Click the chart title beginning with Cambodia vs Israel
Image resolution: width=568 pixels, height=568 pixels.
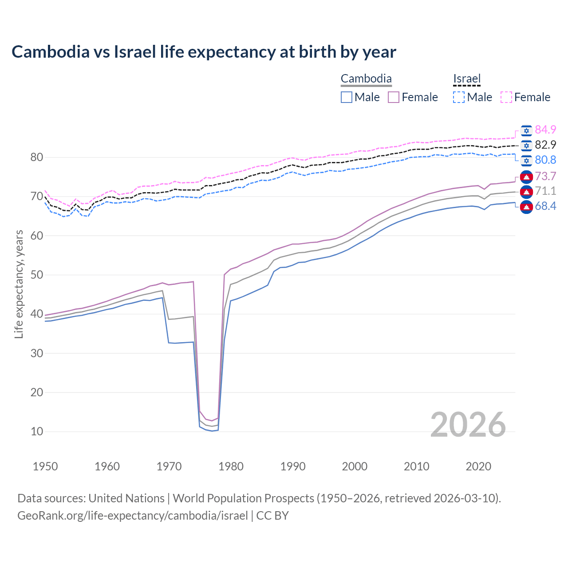[204, 52]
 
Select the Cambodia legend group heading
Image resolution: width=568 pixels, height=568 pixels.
[366, 79]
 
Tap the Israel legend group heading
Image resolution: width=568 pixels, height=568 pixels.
[467, 79]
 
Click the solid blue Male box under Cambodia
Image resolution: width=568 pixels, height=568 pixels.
[347, 97]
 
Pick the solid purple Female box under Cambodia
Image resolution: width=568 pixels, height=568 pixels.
[394, 97]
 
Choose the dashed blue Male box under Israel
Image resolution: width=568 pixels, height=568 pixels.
[459, 97]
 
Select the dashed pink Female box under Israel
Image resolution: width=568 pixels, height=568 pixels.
[506, 97]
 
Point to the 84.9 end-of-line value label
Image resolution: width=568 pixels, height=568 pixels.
[545, 130]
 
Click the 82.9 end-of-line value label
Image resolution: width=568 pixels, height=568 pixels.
[545, 145]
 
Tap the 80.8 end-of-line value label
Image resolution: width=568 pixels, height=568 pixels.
[545, 160]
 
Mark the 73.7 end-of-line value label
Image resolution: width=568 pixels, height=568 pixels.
[545, 176]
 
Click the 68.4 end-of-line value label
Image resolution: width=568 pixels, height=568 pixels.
[545, 206]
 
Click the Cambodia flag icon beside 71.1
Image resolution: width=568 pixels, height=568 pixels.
[526, 191]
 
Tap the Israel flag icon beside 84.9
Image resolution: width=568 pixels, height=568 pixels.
[526, 130]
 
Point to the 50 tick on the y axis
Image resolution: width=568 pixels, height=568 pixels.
[37, 275]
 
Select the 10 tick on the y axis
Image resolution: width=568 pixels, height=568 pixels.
[37, 431]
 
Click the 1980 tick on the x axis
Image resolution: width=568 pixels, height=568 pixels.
[231, 466]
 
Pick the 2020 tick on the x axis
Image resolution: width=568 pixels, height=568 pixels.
[478, 466]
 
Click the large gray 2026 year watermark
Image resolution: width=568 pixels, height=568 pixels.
[468, 425]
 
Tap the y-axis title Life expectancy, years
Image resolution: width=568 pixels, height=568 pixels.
[19, 284]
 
